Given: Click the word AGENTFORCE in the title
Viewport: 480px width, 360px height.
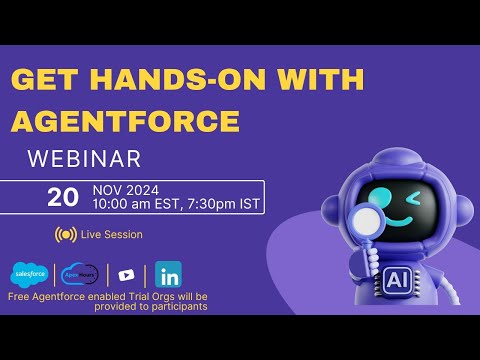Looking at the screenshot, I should pyautogui.click(x=126, y=121).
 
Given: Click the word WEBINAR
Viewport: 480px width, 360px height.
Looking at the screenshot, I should pyautogui.click(x=84, y=159).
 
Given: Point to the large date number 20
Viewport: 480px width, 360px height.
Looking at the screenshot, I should pyautogui.click(x=63, y=197).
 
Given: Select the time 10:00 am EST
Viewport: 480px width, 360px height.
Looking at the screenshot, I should pyautogui.click(x=132, y=204).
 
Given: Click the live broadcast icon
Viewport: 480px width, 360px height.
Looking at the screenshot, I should pyautogui.click(x=66, y=234).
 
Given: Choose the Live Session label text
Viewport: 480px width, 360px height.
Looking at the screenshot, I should pyautogui.click(x=112, y=235).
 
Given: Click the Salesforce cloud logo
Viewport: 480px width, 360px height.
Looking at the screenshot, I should pyautogui.click(x=28, y=275).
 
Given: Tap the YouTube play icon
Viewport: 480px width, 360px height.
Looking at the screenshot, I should pyautogui.click(x=126, y=275).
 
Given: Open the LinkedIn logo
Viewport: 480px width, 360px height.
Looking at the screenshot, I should pyautogui.click(x=169, y=275).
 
